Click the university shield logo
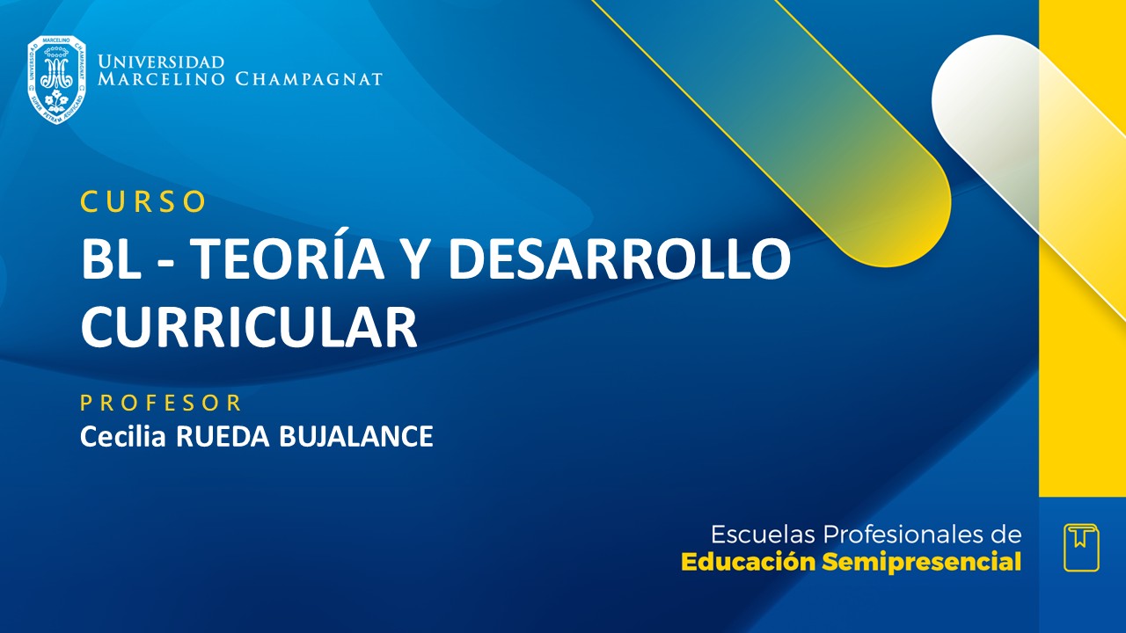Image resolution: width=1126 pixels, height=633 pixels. tap(56, 79)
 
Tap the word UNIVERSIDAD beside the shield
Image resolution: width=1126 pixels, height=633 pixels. tap(161, 62)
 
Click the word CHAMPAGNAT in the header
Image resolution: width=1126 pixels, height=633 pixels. tap(309, 79)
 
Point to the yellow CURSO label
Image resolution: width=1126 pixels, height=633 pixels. tap(143, 201)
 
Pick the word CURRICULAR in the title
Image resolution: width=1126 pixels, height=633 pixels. tap(248, 326)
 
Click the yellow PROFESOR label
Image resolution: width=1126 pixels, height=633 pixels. tap(161, 403)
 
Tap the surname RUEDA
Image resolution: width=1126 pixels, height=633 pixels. tap(223, 436)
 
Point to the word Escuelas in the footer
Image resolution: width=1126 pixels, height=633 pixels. tap(761, 535)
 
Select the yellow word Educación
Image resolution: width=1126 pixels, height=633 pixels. tap(749, 562)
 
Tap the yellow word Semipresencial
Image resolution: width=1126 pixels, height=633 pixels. tap(921, 562)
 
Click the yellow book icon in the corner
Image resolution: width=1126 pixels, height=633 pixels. tap(1081, 547)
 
